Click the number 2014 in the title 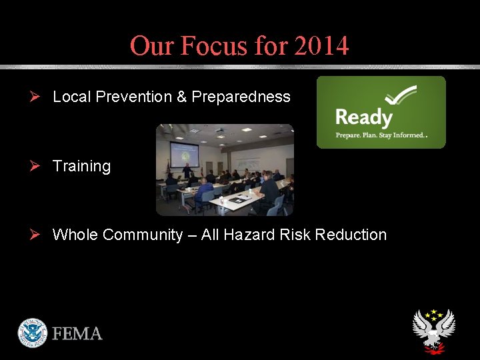[x=321, y=46]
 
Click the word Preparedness [x=241, y=97]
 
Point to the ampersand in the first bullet [x=181, y=97]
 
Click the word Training [x=81, y=166]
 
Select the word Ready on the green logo [x=363, y=118]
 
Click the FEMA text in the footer [x=78, y=333]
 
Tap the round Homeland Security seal [x=33, y=332]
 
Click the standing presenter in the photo [x=187, y=170]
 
